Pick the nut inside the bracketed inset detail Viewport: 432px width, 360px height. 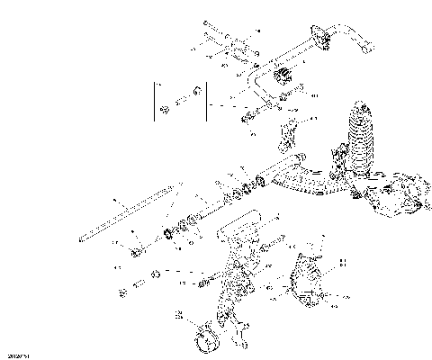pyautogui.click(x=166, y=110)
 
